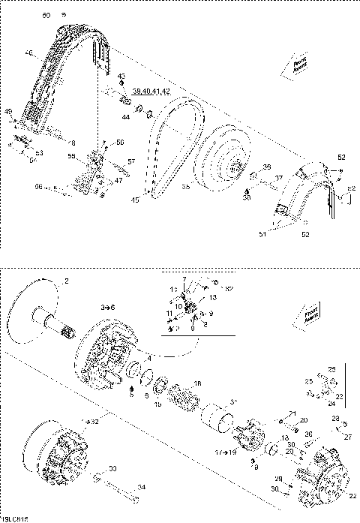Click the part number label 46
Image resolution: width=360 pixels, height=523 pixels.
(x=29, y=53)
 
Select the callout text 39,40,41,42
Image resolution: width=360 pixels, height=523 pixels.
(x=151, y=91)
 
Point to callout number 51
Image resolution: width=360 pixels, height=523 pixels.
(x=262, y=234)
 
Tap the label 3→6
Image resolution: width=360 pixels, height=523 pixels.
(x=109, y=308)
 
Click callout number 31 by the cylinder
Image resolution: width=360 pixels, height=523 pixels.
(x=233, y=403)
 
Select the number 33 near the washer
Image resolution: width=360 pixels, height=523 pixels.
(x=112, y=469)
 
